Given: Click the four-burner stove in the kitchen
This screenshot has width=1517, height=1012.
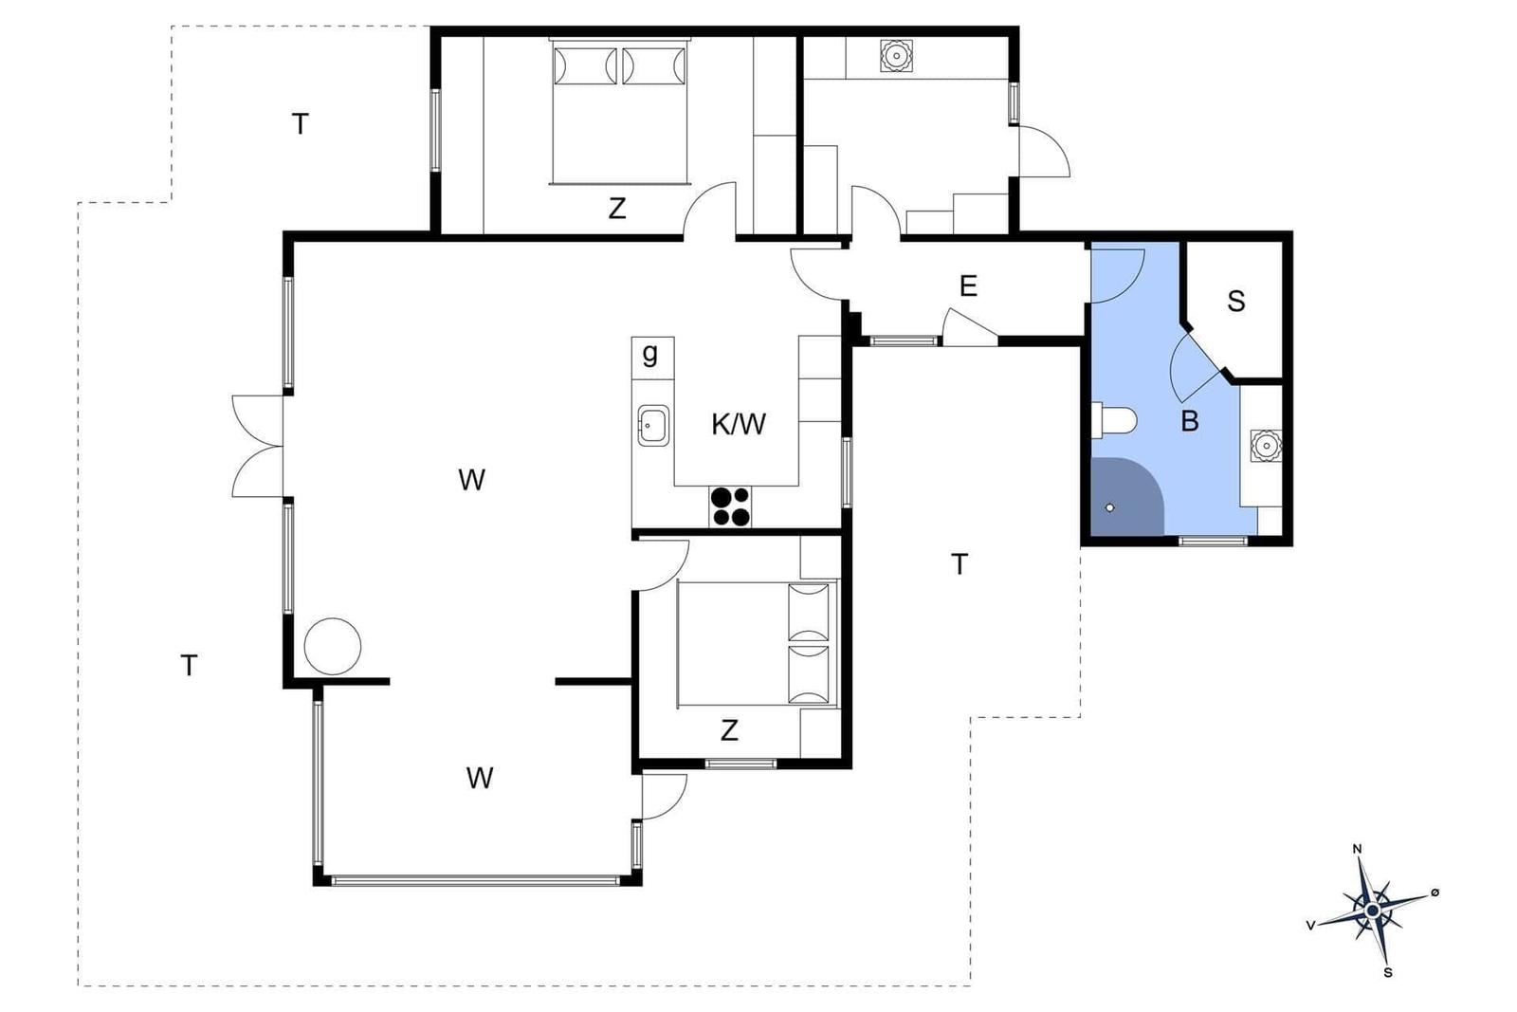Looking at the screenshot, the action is [730, 506].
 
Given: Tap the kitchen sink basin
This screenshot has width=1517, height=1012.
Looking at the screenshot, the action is [653, 426].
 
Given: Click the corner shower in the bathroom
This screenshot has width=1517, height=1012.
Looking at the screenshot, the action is [1127, 496].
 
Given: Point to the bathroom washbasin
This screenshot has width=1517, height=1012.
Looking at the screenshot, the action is [1265, 446].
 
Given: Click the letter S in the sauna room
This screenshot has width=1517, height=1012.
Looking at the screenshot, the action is [1236, 301].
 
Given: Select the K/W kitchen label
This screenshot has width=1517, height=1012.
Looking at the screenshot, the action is [739, 424].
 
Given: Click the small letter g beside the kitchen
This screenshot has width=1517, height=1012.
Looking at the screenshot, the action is [649, 353].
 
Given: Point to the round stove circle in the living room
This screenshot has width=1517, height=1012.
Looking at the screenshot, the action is [332, 646].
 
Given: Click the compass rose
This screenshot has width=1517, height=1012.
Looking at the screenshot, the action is [1373, 910].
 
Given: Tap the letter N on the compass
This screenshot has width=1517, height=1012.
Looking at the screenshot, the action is [1357, 850].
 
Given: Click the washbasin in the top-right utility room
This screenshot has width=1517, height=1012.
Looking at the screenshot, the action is [896, 56].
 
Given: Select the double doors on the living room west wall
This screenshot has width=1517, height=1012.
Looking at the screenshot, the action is [257, 447].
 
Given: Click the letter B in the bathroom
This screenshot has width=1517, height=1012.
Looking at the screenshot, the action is [1189, 421].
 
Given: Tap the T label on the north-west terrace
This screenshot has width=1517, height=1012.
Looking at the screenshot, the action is [300, 124].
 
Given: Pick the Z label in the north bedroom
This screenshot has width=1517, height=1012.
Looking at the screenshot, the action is [616, 209].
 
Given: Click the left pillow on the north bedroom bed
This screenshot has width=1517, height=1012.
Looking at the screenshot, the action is [584, 65].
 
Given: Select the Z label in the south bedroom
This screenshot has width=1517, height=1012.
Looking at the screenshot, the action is [729, 730].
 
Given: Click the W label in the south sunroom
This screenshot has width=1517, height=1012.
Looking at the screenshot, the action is [480, 778].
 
